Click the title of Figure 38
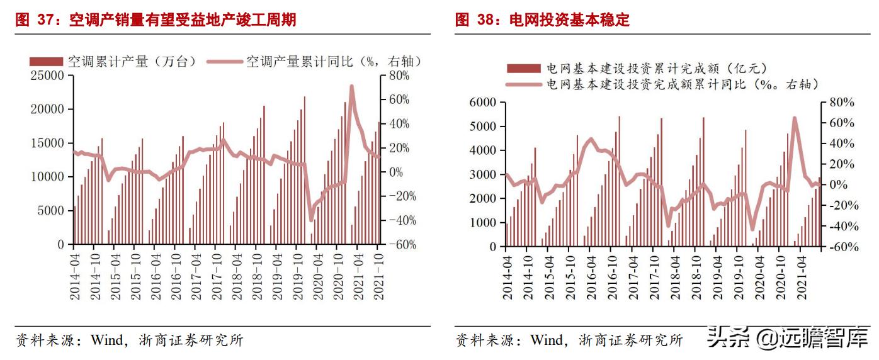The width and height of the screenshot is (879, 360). tap(542, 20)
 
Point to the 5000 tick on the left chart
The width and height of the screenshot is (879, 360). tap(52, 210)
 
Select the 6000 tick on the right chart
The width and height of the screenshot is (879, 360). tap(484, 103)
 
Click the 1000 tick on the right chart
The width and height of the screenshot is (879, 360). tap(484, 223)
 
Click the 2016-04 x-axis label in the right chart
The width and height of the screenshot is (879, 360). tap(591, 277)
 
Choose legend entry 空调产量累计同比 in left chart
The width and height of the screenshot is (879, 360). tap(333, 61)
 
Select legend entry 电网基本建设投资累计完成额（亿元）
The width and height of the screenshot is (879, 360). tap(655, 68)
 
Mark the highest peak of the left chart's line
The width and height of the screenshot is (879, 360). tap(351, 86)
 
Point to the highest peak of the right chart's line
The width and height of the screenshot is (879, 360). tap(795, 118)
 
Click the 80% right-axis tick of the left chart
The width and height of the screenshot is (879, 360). tap(399, 76)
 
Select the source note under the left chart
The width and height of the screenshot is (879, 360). tap(129, 340)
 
